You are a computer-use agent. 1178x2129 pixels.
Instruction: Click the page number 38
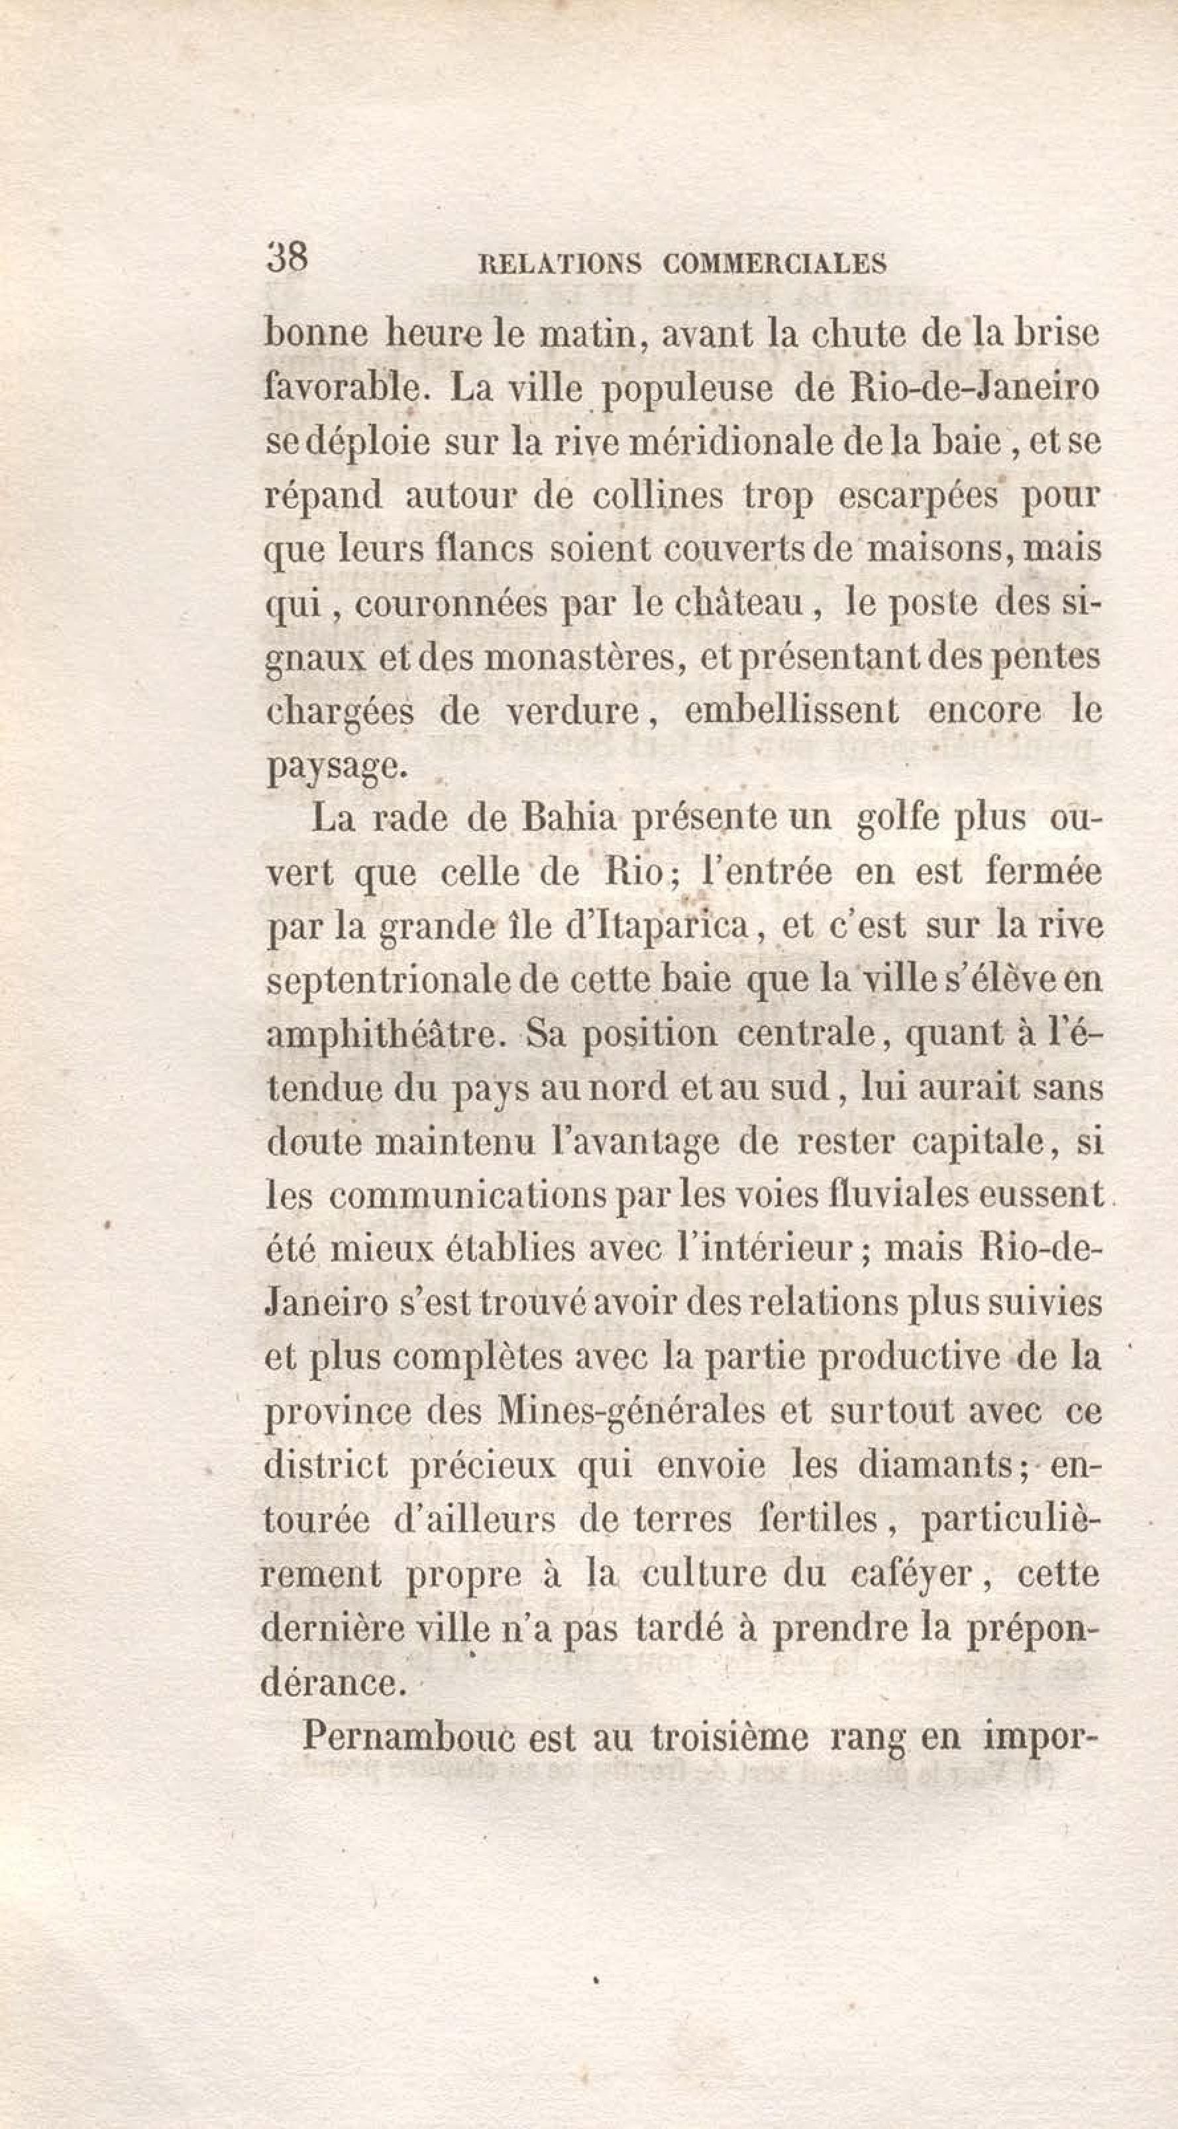click(x=287, y=257)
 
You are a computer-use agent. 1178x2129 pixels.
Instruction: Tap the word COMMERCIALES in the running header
click(x=775, y=264)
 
